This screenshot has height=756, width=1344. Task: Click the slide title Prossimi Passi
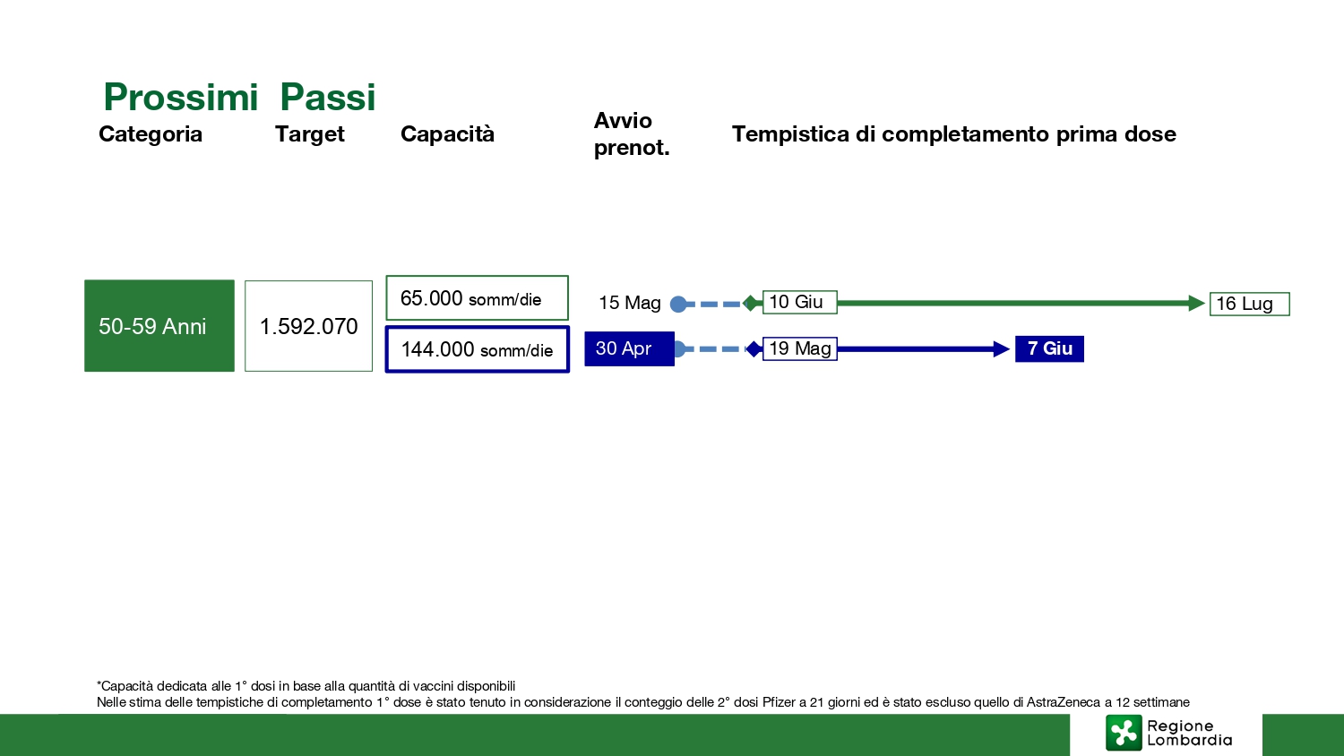coord(239,97)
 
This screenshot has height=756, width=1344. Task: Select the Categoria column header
coord(150,133)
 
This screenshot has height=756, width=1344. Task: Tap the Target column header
coord(310,133)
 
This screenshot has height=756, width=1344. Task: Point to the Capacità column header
coord(447,133)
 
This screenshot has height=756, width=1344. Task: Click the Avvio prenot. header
coord(631,133)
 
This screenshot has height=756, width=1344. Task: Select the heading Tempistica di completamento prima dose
coord(953,133)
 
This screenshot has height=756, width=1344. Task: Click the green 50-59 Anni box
coord(159,326)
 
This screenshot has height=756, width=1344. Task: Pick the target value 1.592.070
coord(308,326)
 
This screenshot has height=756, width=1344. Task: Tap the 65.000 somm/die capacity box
coord(477,298)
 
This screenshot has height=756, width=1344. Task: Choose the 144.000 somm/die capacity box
coord(477,349)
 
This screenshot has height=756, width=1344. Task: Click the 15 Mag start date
coord(629,303)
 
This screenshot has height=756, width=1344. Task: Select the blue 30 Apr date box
coord(629,348)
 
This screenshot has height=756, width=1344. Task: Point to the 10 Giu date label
coord(799,302)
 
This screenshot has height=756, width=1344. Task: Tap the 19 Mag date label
coord(799,348)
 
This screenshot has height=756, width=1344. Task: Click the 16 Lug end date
coord(1249,304)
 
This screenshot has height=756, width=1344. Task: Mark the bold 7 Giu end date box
coord(1049,348)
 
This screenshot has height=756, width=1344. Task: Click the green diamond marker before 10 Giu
coord(750,303)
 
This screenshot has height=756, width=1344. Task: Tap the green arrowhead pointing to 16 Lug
coord(1196,303)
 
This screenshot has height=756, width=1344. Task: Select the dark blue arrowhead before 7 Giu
coord(1002,348)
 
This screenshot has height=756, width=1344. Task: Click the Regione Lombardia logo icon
coord(1124,733)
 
